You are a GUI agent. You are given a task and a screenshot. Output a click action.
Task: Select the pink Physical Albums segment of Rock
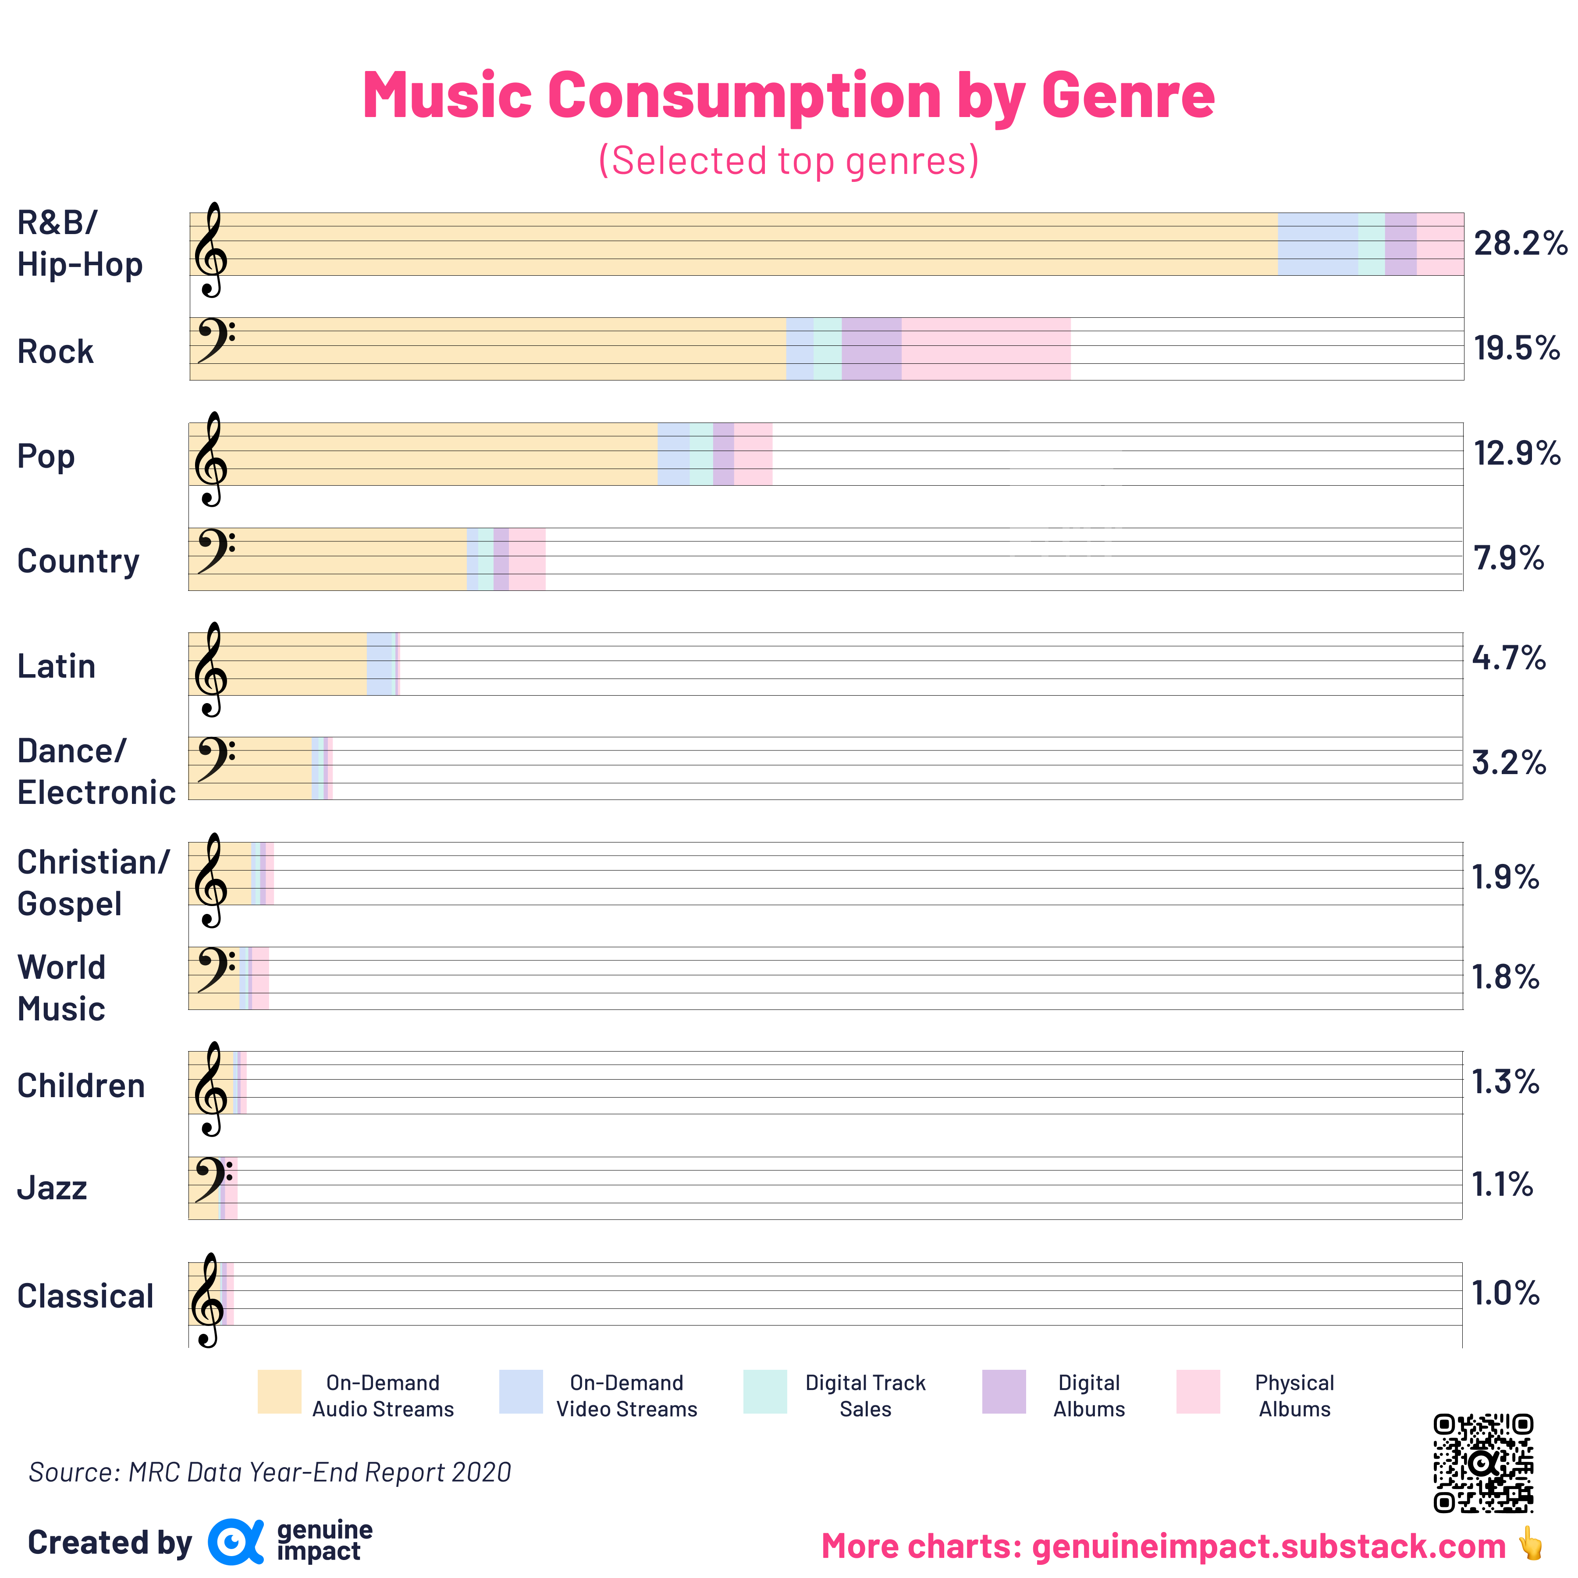(986, 349)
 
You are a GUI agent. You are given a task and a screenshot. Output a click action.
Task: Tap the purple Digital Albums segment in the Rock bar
(871, 349)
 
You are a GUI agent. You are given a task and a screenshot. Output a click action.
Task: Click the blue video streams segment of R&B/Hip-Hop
(1318, 244)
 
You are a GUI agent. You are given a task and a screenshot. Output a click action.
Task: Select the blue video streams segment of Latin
(380, 664)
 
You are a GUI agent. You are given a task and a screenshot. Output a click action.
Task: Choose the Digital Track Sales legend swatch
(765, 1392)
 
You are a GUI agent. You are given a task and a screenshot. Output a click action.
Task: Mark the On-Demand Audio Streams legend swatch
(279, 1392)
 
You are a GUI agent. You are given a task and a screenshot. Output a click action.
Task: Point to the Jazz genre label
(52, 1187)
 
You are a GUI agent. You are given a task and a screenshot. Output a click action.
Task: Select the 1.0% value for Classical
(1505, 1293)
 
